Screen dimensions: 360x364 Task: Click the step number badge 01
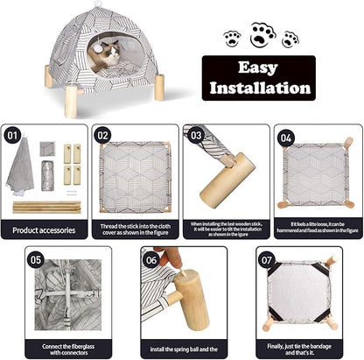(x=13, y=136)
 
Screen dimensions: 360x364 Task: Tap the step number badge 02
(x=103, y=136)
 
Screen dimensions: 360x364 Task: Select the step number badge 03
(x=195, y=136)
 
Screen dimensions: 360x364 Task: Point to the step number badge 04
(x=285, y=136)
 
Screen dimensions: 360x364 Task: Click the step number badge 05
(x=36, y=259)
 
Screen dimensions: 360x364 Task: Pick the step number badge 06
(x=150, y=259)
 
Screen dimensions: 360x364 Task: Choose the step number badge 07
(x=267, y=259)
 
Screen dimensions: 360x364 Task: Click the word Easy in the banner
(x=258, y=67)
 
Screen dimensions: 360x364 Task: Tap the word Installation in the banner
(x=257, y=88)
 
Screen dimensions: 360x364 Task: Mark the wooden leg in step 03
(x=228, y=179)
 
